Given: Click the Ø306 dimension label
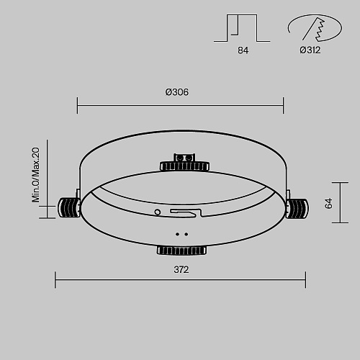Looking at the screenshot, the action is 177,92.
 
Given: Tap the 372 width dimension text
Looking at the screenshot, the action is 181,270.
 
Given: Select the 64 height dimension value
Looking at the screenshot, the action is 328,203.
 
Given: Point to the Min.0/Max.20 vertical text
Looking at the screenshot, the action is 36,175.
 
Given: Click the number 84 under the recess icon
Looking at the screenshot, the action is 243,50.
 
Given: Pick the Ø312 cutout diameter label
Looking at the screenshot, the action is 310,50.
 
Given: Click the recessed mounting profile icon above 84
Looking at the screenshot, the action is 242,28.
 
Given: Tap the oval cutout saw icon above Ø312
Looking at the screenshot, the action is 315,28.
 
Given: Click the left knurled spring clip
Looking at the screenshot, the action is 69,207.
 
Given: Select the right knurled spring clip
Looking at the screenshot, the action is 297,208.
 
